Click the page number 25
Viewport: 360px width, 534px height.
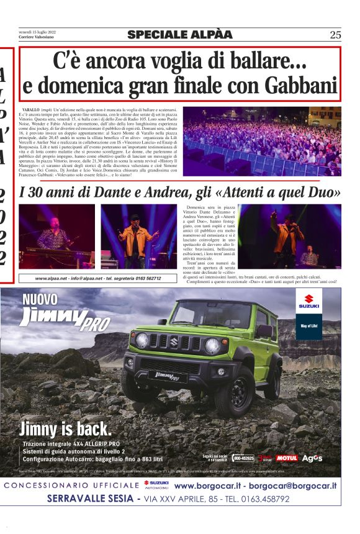335,35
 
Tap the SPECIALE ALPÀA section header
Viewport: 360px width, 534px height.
179,35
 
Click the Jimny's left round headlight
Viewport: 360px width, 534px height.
142,340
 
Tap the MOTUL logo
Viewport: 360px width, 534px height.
287,458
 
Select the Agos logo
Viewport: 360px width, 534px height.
312,458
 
